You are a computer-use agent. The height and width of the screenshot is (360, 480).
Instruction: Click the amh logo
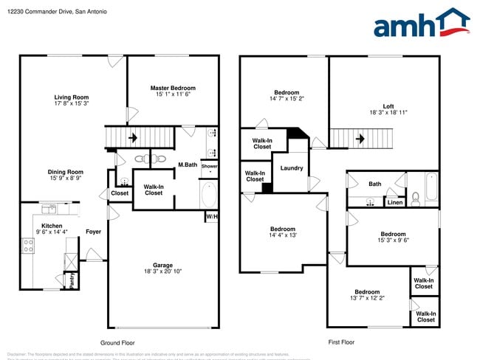422,24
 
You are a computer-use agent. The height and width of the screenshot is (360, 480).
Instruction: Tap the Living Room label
71,97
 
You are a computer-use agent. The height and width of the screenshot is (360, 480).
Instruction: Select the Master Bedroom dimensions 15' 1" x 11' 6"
171,94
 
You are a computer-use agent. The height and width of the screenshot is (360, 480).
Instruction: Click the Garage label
162,266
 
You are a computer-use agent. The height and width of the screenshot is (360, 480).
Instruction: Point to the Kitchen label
51,226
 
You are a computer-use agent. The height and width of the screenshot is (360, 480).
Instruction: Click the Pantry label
72,280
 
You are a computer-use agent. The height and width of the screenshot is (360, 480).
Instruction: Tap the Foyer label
93,232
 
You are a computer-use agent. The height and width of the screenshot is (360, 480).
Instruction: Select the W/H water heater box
211,217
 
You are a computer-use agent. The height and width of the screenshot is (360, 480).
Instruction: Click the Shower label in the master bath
209,167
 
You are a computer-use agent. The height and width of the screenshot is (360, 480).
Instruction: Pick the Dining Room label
66,172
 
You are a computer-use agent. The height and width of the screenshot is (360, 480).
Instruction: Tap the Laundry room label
291,168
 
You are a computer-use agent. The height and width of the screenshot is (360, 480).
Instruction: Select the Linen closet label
395,202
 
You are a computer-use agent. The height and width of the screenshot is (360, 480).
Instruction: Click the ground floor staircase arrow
133,137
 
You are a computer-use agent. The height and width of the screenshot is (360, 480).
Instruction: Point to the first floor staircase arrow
360,137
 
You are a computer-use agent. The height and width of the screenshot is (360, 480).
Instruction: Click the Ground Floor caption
117,342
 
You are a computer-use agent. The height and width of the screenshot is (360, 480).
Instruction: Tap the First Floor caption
340,342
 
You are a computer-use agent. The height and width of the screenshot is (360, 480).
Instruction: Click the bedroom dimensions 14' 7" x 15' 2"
287,98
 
